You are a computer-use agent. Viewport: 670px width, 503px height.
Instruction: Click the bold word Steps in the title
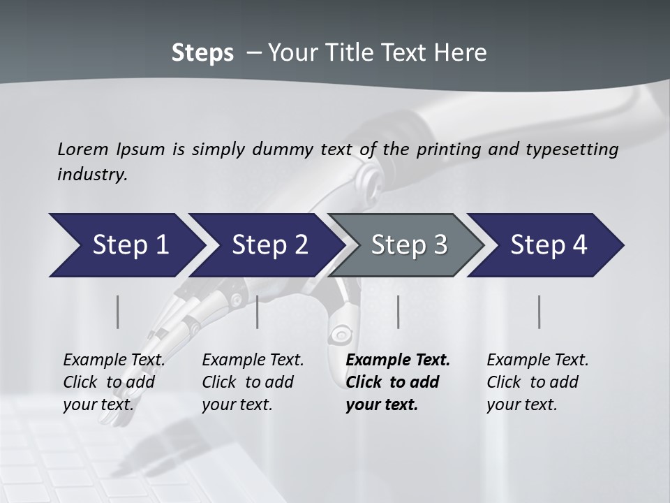coord(202,53)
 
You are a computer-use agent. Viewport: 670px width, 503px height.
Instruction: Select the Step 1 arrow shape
coord(126,245)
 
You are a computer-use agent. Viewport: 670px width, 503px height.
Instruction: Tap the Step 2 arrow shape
coord(269,245)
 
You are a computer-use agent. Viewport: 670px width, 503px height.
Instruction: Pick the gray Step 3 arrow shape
coord(408,245)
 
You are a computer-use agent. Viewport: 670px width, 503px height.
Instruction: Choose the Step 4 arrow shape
coord(548,245)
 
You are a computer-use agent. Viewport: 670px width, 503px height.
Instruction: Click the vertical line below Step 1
coord(117,312)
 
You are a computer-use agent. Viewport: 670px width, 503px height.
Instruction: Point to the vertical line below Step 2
coord(258,312)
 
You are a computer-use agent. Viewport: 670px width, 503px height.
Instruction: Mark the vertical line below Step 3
coord(398,312)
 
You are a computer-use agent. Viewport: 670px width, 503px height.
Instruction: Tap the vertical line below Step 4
coord(539,312)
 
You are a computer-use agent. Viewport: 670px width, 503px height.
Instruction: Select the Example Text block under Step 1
coord(114,382)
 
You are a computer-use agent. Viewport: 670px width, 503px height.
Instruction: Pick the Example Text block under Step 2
coord(253,382)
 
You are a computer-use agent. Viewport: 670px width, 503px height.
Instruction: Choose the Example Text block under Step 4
coord(537,382)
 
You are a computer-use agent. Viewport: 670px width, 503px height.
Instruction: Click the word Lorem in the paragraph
coord(83,149)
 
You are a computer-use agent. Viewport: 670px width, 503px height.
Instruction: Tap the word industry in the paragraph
coord(92,175)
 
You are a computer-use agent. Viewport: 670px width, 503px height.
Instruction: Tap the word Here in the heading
coord(462,53)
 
